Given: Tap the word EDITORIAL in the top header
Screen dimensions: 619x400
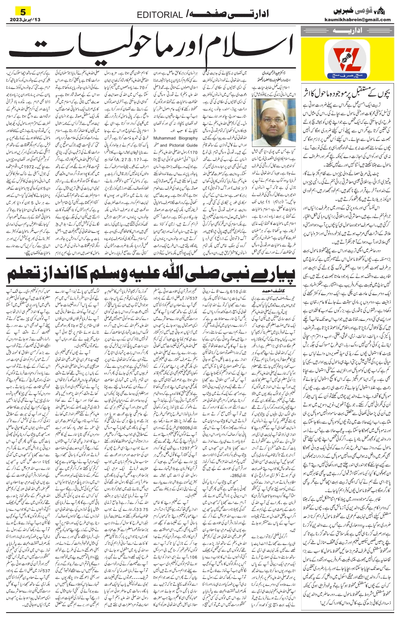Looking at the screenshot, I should (160, 15).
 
